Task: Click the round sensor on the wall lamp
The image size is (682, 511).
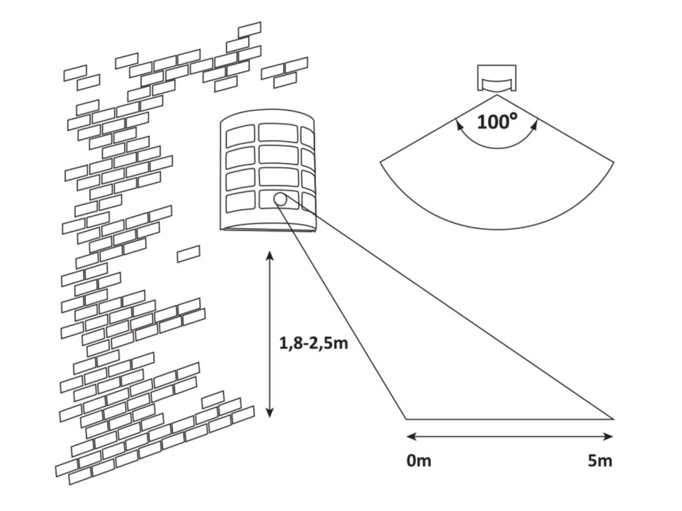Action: click(x=280, y=198)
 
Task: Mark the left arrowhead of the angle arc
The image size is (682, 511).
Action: click(x=458, y=122)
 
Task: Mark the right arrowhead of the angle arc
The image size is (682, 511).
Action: click(x=535, y=122)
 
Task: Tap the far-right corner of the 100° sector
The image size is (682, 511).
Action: click(x=613, y=160)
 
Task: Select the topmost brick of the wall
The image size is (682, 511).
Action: click(x=250, y=29)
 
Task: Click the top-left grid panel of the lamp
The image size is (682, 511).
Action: click(x=238, y=136)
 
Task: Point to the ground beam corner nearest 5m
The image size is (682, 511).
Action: click(x=613, y=419)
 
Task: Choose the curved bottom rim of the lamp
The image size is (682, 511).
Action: click(x=266, y=229)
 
